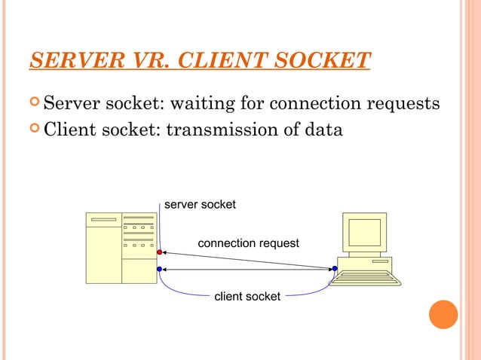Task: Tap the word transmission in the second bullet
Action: point(216,130)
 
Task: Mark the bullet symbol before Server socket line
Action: point(35,102)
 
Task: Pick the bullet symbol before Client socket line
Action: point(35,129)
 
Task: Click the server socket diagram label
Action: point(200,204)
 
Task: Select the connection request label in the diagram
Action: point(248,243)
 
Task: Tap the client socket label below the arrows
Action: point(247,297)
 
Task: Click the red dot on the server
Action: point(159,252)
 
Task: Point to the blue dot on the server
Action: point(159,269)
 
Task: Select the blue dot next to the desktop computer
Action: point(334,268)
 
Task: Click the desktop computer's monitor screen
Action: point(364,232)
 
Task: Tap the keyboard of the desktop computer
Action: point(365,277)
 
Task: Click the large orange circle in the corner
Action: point(443,314)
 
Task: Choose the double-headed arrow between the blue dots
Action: point(247,269)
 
